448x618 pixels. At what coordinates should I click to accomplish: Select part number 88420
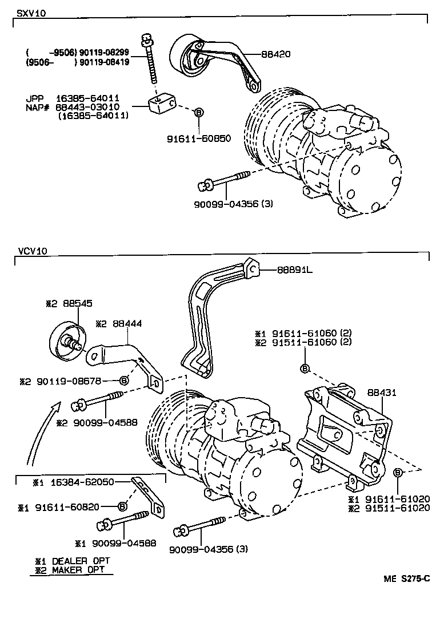pyautogui.click(x=277, y=54)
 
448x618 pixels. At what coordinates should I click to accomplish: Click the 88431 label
pyautogui.click(x=382, y=393)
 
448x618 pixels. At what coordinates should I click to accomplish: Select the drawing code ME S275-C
pyautogui.click(x=406, y=579)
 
